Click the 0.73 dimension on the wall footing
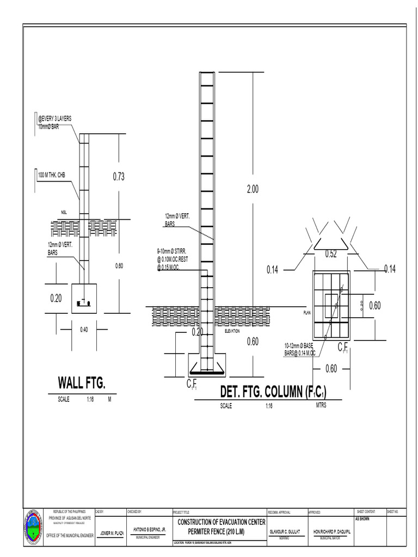tap(119, 176)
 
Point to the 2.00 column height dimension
tap(253, 189)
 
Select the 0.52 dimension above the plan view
tap(330, 254)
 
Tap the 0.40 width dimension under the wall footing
tap(84, 330)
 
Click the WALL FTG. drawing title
tap(82, 383)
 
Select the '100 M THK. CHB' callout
tap(54, 176)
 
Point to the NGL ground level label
tap(64, 212)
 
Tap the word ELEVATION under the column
tap(232, 331)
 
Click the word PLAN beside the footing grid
tap(307, 313)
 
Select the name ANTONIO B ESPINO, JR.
tap(149, 529)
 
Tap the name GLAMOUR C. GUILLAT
tap(285, 531)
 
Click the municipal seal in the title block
tap(33, 527)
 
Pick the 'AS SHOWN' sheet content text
tap(364, 519)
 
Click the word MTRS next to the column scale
tap(321, 405)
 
